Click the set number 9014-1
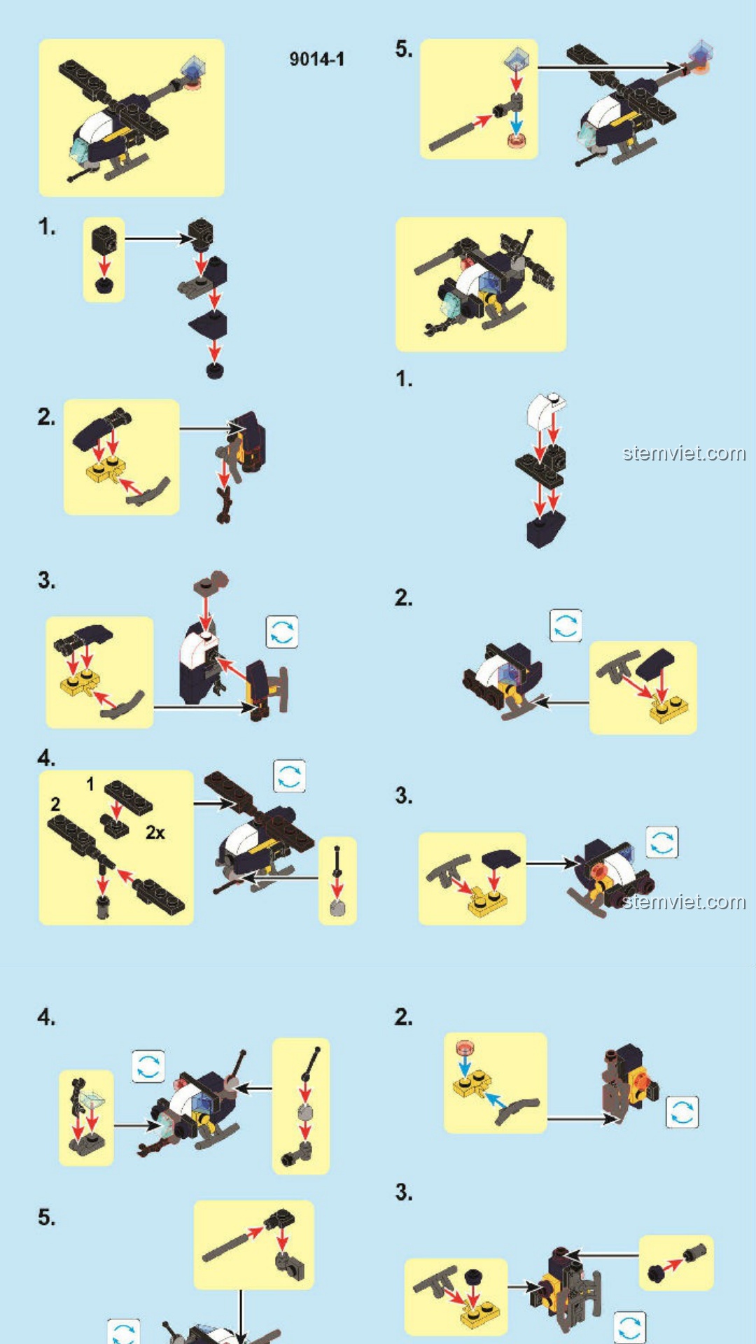[316, 59]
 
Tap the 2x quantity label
[155, 832]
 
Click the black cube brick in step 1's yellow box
[104, 239]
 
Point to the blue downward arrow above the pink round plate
[516, 122]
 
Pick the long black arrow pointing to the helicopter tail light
[608, 68]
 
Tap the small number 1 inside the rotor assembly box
[90, 784]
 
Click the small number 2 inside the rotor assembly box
[56, 805]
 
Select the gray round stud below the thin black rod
[337, 907]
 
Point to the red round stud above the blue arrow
[465, 1048]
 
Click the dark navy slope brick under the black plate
[546, 528]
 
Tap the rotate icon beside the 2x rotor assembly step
[290, 776]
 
